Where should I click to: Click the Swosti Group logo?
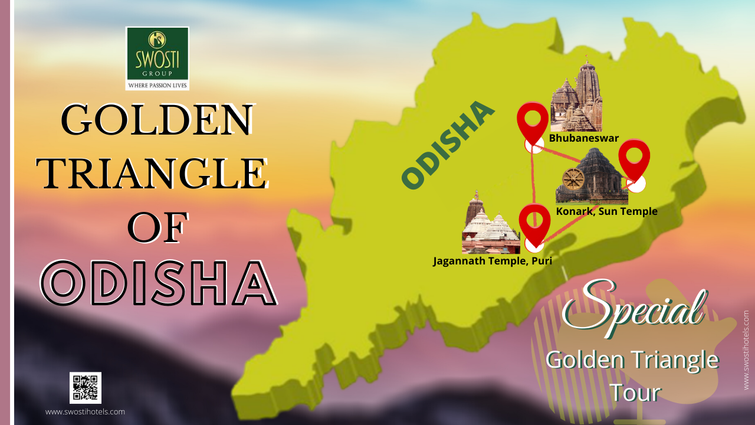click(x=157, y=58)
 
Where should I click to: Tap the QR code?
click(x=86, y=388)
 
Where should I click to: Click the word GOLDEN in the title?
click(x=157, y=120)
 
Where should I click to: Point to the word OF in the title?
click(x=158, y=228)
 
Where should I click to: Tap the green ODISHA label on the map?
click(x=447, y=146)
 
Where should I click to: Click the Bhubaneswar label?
click(x=583, y=138)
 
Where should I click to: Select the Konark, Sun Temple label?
click(x=606, y=211)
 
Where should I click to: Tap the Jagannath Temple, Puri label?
click(x=492, y=260)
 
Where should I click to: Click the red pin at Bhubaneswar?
click(x=533, y=122)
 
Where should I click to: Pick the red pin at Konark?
click(x=633, y=159)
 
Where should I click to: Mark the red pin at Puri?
click(x=534, y=223)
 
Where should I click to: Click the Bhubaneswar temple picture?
click(x=576, y=97)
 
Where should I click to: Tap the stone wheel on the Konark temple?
click(x=572, y=179)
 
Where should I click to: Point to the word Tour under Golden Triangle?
click(x=634, y=391)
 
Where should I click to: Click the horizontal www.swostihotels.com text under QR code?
click(x=85, y=411)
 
